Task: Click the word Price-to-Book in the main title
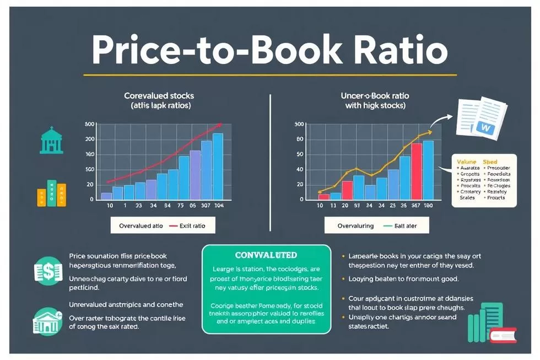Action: coord(212,51)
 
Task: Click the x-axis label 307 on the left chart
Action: coord(205,206)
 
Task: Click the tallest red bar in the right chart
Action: coord(417,171)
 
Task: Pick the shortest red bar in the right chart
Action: coord(324,196)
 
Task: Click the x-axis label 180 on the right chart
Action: coord(428,206)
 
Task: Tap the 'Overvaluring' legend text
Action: coord(355,225)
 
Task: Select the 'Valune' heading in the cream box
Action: coord(466,162)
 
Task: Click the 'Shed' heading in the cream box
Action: coord(490,162)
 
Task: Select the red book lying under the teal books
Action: coord(503,335)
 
